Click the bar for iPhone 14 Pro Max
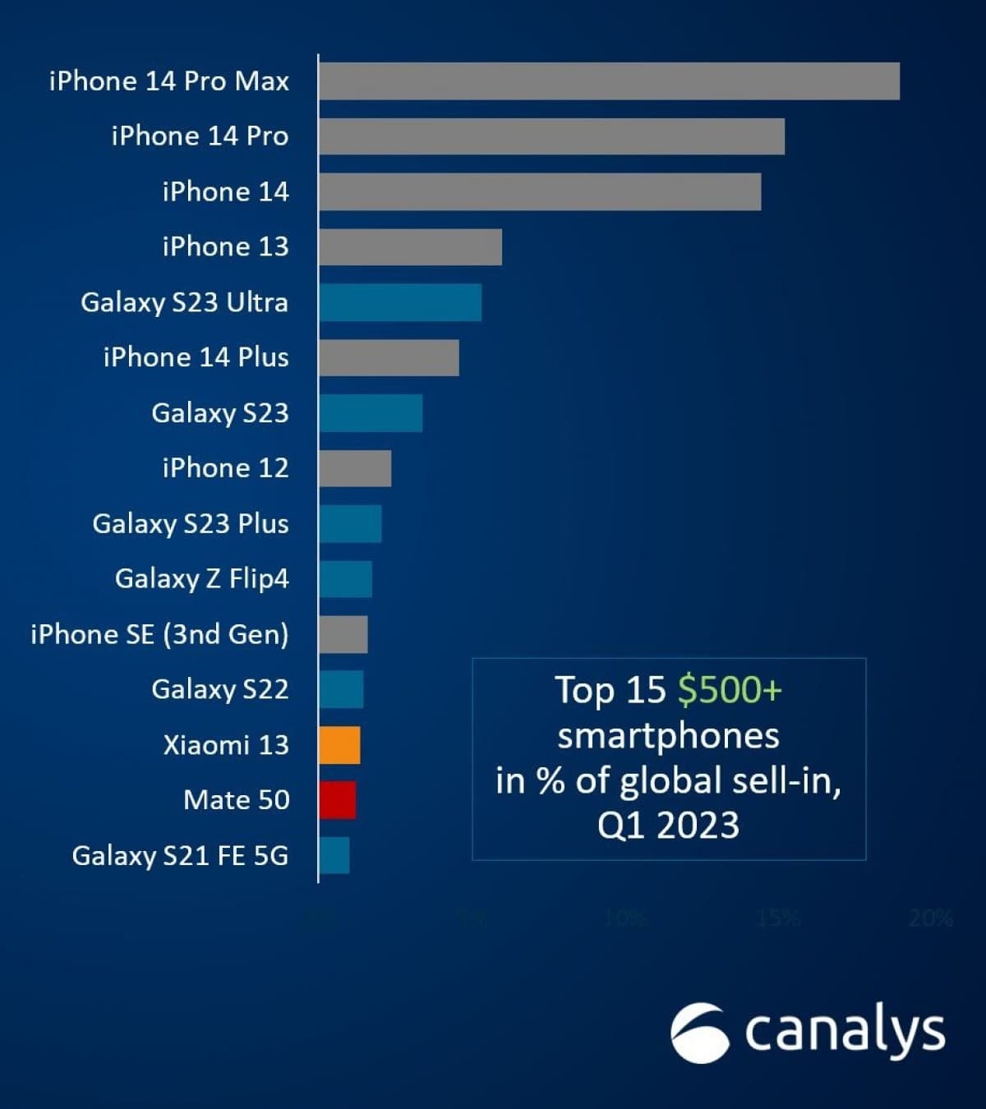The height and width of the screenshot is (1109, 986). point(609,81)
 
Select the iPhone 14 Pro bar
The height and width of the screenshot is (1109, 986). point(551,136)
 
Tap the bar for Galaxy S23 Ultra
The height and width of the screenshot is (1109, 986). point(400,302)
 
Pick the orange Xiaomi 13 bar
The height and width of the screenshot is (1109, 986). point(339,745)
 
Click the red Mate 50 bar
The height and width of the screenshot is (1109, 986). point(338,800)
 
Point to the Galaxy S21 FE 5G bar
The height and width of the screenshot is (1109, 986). point(334,855)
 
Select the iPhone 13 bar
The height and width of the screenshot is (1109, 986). point(410,247)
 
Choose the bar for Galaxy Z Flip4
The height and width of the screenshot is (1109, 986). point(345,579)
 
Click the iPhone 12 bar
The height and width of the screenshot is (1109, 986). point(355,468)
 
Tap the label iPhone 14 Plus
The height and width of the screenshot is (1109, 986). point(196,357)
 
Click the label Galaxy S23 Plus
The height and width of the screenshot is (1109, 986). point(190,523)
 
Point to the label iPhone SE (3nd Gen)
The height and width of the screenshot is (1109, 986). point(159,634)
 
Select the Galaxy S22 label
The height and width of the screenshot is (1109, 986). point(219,689)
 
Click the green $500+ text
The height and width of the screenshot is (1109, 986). point(730,690)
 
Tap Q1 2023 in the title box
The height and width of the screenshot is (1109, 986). point(668,825)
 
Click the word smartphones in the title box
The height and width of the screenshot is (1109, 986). point(668,735)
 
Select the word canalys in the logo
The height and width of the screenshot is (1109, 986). point(845,1031)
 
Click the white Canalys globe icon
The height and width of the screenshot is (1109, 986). point(699,1033)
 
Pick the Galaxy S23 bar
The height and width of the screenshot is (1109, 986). point(371,413)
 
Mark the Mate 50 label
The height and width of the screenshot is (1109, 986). point(236,800)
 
